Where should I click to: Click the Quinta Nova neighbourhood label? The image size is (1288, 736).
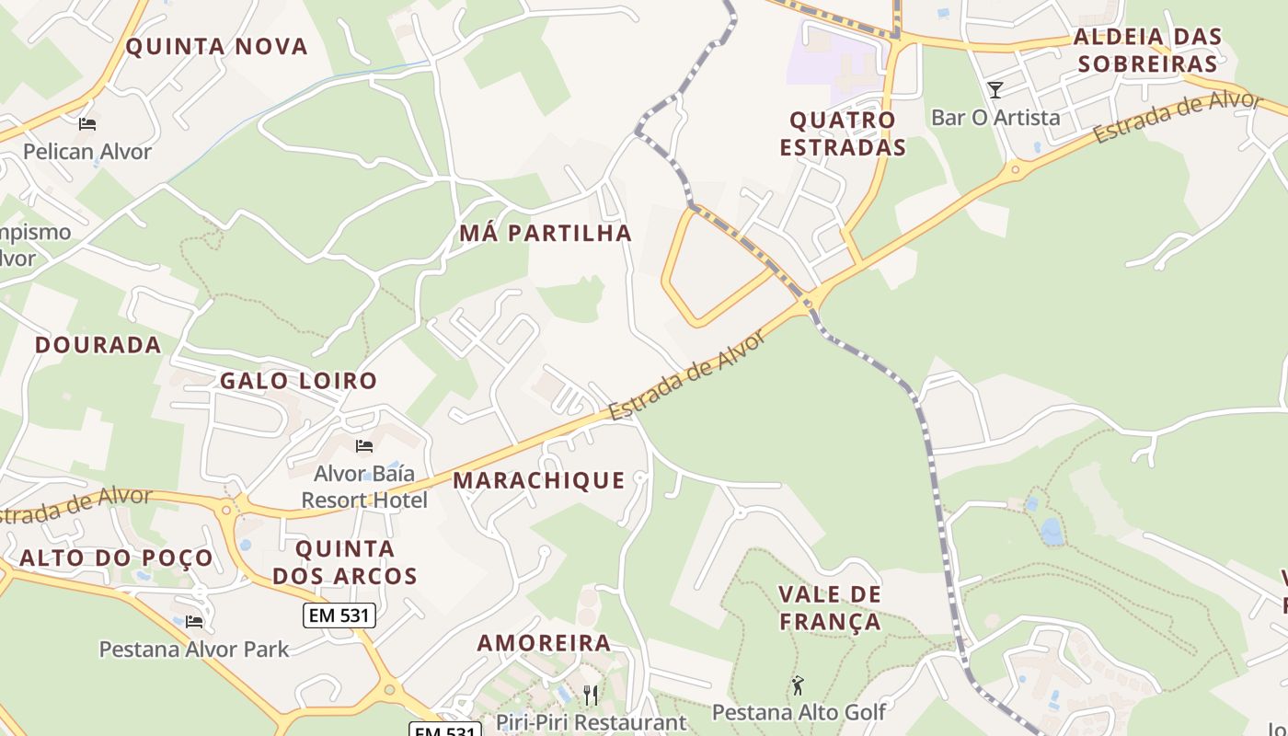(216, 46)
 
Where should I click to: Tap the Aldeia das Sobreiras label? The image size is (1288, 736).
(1147, 51)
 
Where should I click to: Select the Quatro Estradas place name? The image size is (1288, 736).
(843, 133)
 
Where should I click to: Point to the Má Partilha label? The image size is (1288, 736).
(546, 234)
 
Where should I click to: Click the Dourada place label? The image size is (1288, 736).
(98, 345)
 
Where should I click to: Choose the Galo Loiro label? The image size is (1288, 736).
(298, 381)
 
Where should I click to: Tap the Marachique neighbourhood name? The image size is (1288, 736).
(538, 480)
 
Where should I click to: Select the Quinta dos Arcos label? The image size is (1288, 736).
(345, 563)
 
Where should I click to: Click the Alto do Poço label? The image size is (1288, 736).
(116, 558)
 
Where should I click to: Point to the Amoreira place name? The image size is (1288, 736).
(544, 643)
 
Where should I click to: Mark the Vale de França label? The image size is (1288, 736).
(830, 608)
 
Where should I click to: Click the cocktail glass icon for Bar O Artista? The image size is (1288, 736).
(995, 90)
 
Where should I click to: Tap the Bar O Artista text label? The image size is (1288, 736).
(995, 118)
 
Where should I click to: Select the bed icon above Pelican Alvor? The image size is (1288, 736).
(87, 124)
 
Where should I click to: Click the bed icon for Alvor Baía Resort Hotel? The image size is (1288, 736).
(364, 446)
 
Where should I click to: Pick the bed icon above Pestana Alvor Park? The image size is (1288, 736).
(194, 622)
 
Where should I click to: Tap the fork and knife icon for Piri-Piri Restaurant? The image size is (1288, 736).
(591, 695)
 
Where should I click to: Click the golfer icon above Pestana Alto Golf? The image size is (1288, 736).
(798, 685)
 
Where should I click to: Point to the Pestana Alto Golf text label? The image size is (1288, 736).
(799, 712)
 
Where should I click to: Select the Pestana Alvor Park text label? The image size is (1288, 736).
(194, 650)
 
